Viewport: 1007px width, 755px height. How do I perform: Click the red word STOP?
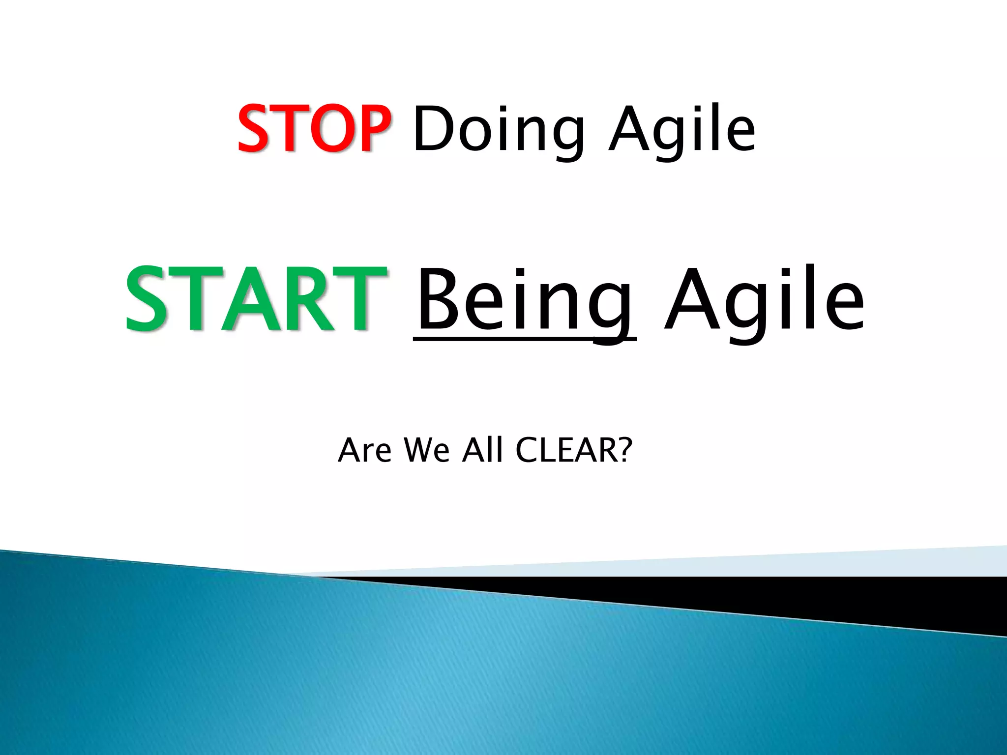pyautogui.click(x=314, y=129)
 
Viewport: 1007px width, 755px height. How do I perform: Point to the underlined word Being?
pyautogui.click(x=524, y=300)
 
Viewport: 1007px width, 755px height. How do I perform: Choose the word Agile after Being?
pyautogui.click(x=764, y=300)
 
